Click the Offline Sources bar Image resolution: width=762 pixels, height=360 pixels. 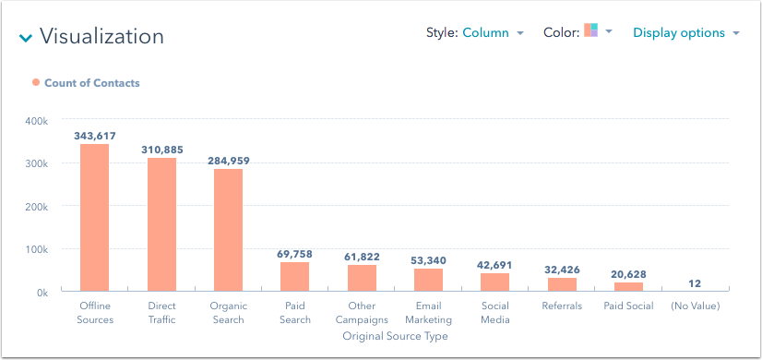[x=94, y=218]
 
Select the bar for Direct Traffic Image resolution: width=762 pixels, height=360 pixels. [x=161, y=224]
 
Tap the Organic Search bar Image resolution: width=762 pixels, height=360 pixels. [x=228, y=230]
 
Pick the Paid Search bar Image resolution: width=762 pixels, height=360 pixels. [x=295, y=277]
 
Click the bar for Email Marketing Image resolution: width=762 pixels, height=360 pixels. [x=428, y=281]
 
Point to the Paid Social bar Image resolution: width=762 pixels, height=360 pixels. [x=628, y=287]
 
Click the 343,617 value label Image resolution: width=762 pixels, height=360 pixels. [x=94, y=136]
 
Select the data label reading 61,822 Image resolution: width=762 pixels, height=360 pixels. [x=362, y=257]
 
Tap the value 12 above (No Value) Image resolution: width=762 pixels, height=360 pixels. [x=696, y=283]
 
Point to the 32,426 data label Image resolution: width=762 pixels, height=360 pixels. [x=562, y=270]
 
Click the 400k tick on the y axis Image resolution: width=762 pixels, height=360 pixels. [x=37, y=120]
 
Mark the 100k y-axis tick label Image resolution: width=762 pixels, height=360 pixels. [x=37, y=249]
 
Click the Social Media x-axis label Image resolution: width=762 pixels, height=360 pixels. [x=494, y=313]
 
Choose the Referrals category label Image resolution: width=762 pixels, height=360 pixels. [x=562, y=306]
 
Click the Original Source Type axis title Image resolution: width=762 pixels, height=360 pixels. [x=395, y=336]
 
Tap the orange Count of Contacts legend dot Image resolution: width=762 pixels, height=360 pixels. [x=36, y=82]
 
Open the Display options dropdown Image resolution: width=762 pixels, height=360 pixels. [x=685, y=32]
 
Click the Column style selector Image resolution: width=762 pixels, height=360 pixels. [x=492, y=32]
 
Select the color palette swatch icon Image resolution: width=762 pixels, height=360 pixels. [x=591, y=31]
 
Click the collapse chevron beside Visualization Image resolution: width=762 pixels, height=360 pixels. [x=26, y=38]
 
